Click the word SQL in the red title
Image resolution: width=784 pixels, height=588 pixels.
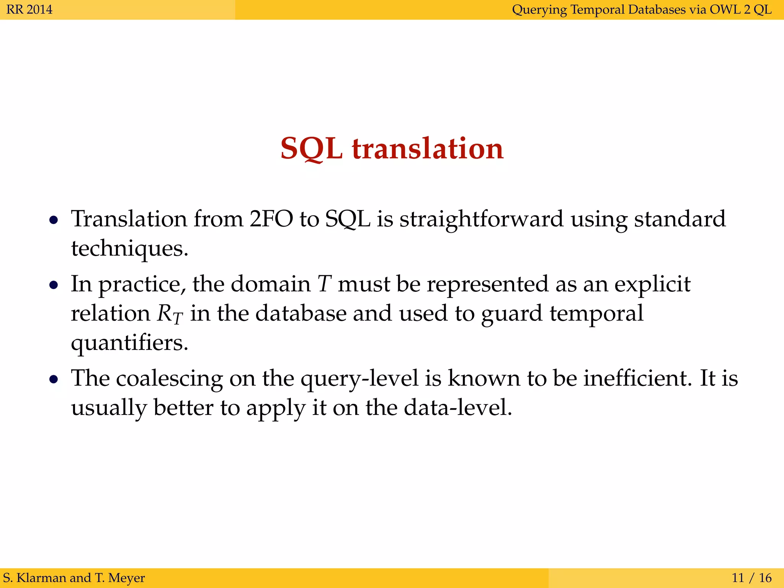311,149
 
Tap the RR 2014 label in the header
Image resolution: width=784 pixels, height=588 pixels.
29,10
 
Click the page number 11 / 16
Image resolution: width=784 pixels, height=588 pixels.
751,577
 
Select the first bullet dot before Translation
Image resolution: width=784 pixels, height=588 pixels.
54,220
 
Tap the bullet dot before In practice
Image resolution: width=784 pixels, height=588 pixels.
54,285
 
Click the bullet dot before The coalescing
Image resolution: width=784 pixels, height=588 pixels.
54,379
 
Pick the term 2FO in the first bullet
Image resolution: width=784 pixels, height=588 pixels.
271,219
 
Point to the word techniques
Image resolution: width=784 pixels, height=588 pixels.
129,249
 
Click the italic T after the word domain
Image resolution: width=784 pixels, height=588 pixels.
324,284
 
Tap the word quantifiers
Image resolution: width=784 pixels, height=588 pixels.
129,343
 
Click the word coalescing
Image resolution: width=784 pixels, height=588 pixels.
169,379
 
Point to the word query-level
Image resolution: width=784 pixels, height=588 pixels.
359,379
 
